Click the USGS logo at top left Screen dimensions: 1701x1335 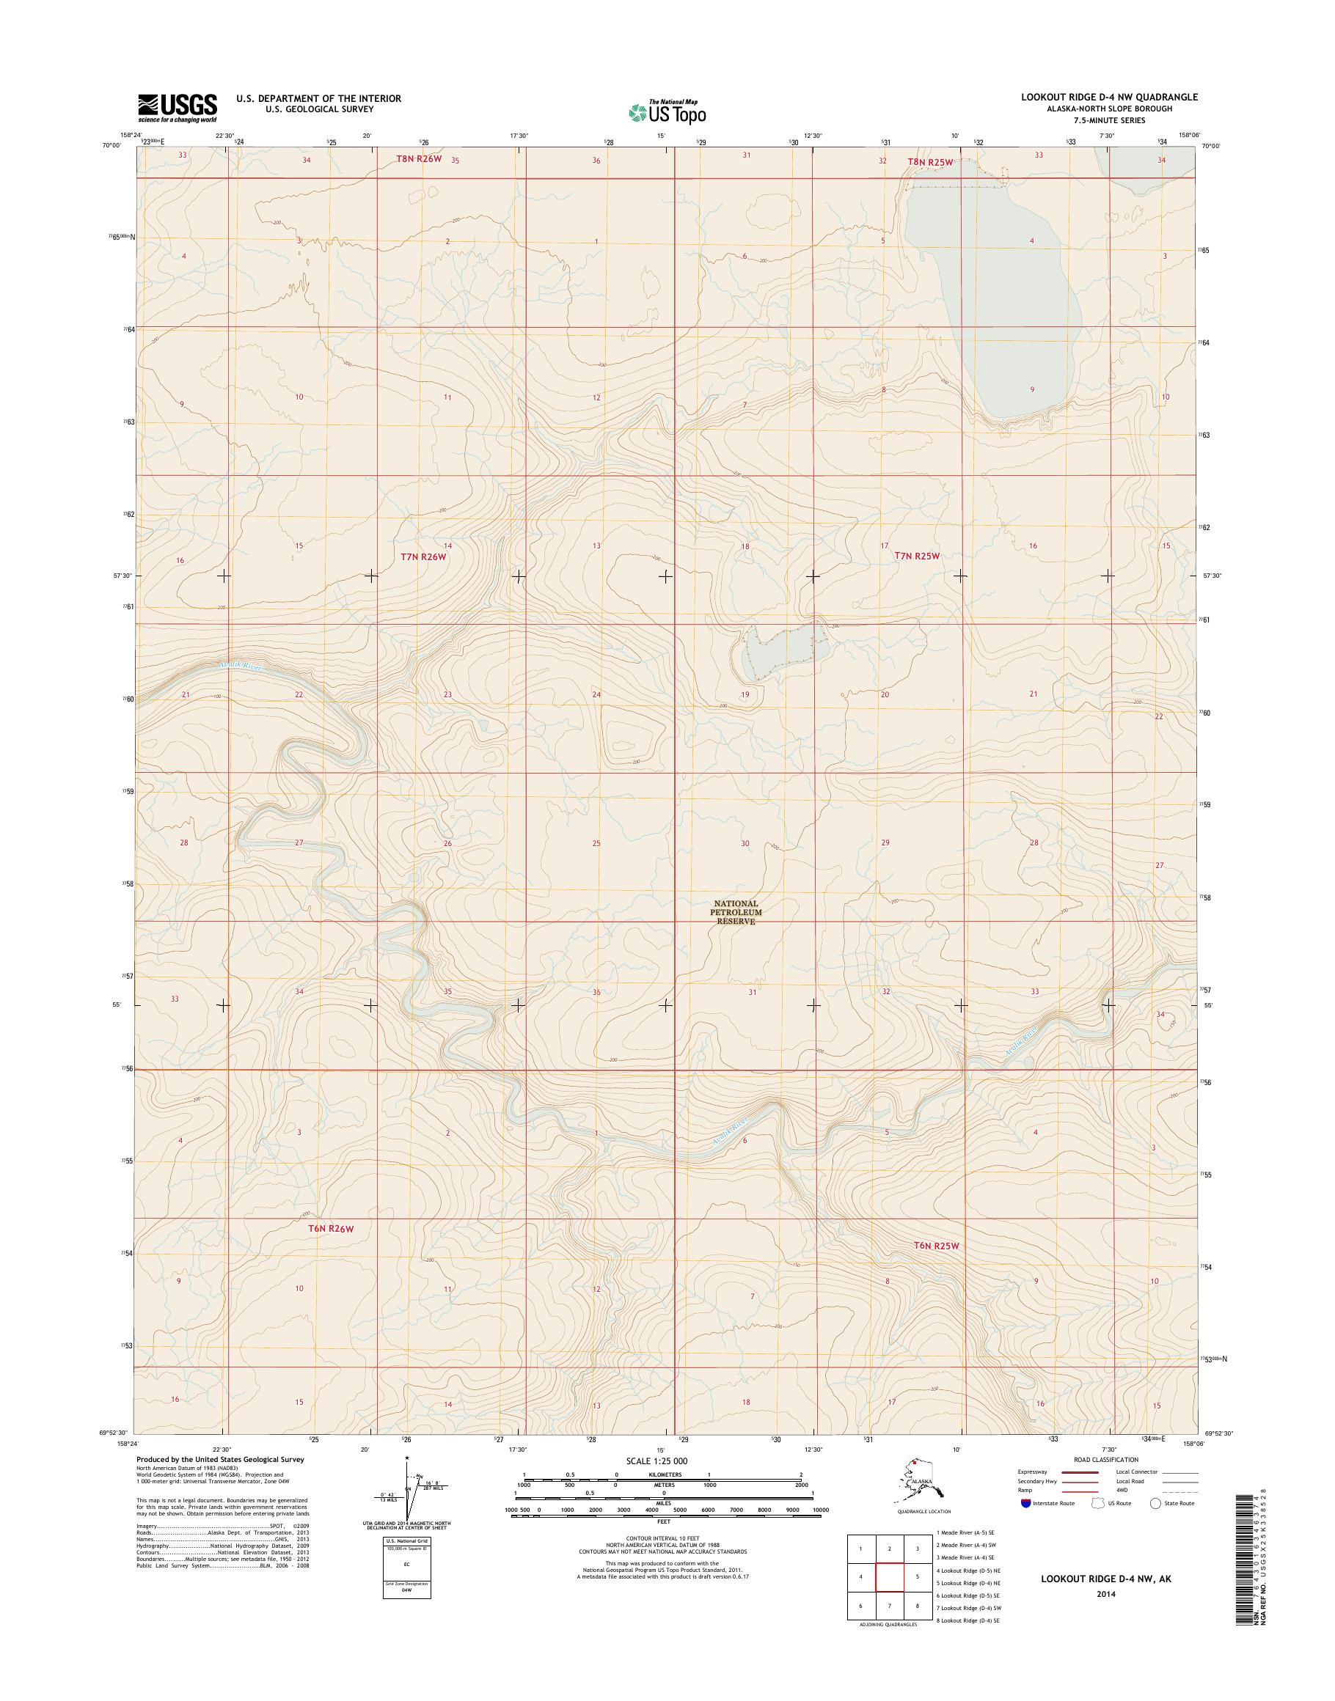(x=178, y=108)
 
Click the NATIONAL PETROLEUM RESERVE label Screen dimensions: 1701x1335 (x=736, y=912)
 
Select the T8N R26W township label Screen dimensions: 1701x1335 (x=418, y=158)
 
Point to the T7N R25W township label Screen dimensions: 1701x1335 (x=916, y=556)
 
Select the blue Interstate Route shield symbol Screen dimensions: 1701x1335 (x=1025, y=1502)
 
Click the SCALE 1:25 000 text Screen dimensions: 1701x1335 (x=656, y=1461)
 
